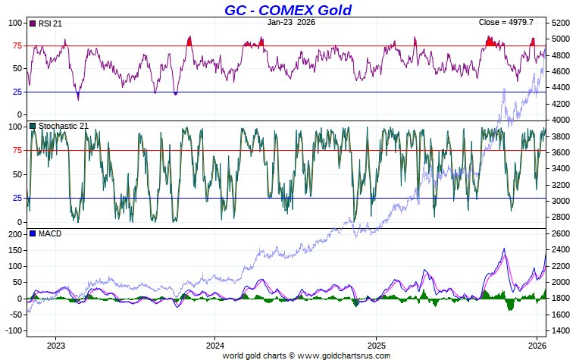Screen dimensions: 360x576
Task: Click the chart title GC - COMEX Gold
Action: (x=287, y=10)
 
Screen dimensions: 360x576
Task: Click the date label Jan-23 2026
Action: (x=292, y=23)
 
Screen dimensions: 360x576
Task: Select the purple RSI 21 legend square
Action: (x=32, y=23)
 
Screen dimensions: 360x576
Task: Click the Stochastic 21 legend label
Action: (x=63, y=126)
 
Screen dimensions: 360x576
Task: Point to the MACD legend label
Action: (x=49, y=233)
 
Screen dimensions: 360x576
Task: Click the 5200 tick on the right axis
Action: (x=562, y=23)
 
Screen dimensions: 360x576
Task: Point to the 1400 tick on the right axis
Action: (x=562, y=331)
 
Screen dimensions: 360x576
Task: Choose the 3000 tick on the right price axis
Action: (x=562, y=201)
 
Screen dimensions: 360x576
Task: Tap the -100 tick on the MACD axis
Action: (x=13, y=331)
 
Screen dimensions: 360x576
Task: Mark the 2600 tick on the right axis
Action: (x=562, y=233)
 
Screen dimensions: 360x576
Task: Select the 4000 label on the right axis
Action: (x=562, y=120)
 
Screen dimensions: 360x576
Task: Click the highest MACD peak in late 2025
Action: (x=504, y=249)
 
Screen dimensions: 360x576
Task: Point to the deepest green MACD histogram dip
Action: (x=509, y=309)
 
